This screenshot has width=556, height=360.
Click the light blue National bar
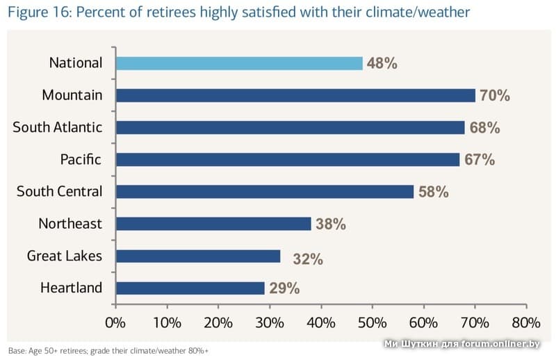(239, 63)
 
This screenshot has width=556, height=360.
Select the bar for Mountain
(295, 95)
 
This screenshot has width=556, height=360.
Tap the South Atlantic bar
(290, 127)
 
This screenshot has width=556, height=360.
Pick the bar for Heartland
(190, 288)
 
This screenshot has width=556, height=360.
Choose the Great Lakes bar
(197, 256)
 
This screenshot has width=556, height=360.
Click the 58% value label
(433, 192)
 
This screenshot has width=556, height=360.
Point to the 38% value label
(330, 224)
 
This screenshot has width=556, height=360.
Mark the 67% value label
(480, 160)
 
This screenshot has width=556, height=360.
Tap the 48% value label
(382, 63)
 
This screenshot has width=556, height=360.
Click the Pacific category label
(81, 160)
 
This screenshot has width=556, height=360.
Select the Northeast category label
(70, 224)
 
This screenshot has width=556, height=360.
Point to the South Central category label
(59, 192)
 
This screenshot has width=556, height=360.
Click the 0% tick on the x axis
(115, 322)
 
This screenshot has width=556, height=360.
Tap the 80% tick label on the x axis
(525, 322)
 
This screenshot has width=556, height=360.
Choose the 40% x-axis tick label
(320, 322)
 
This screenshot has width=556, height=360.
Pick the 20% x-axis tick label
(218, 322)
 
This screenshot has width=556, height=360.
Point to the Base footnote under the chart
(108, 350)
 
